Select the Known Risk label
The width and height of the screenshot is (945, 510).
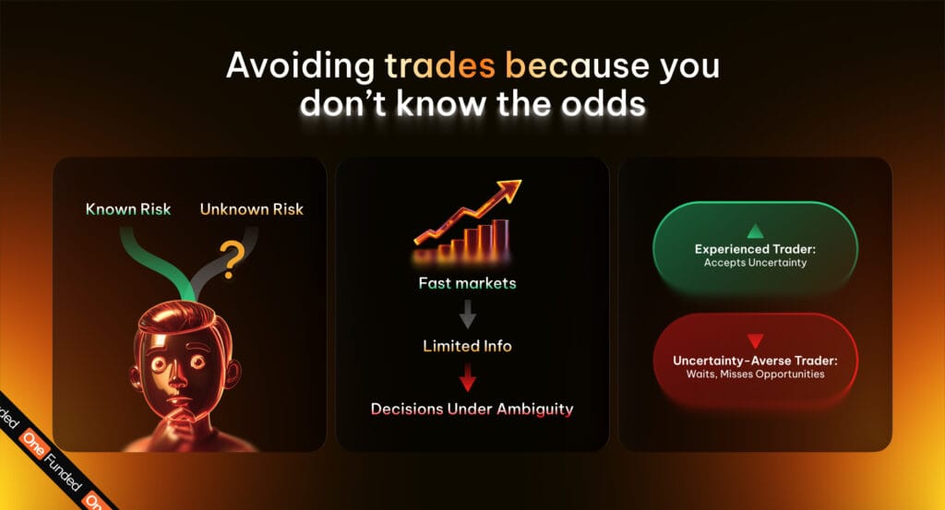tap(128, 209)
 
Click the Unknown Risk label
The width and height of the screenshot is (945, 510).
tap(251, 209)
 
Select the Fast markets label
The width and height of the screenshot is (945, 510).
tap(467, 283)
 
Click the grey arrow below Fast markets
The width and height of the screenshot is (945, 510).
tap(468, 314)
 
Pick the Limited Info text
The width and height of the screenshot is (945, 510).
tap(467, 346)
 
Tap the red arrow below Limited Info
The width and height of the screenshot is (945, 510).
tap(468, 377)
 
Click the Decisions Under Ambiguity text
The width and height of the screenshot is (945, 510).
tap(472, 409)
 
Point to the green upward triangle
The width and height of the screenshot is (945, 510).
tap(755, 231)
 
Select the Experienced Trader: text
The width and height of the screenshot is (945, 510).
tap(755, 249)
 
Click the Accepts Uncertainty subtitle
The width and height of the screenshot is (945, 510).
tap(755, 263)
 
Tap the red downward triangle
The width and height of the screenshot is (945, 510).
tap(755, 341)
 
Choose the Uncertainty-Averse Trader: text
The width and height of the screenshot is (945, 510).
tap(755, 361)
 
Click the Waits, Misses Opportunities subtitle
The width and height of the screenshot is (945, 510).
tap(755, 374)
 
